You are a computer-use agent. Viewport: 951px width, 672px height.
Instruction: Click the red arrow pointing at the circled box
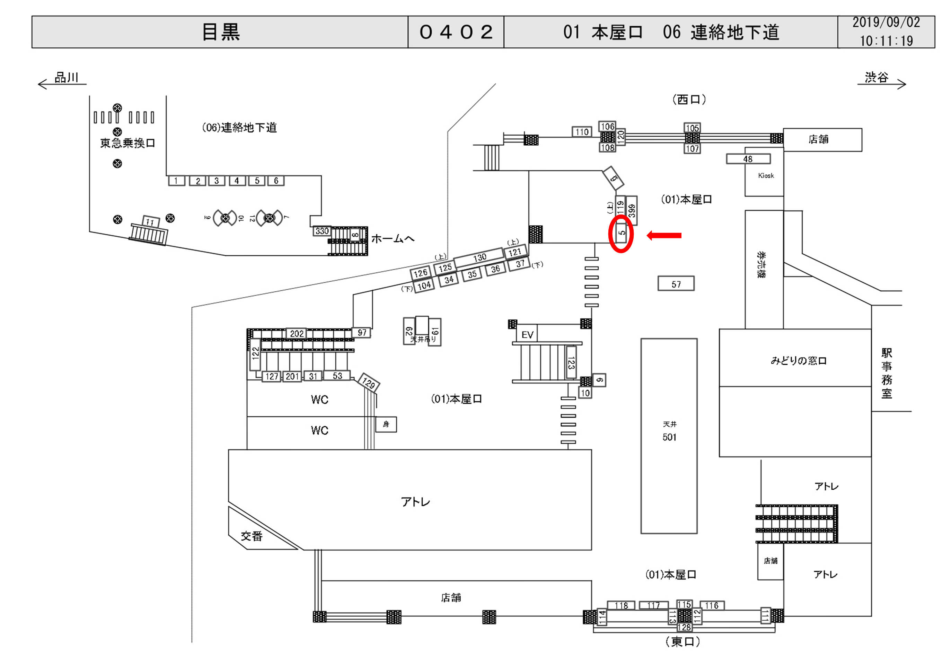coord(664,235)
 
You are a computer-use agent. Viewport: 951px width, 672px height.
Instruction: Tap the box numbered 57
coord(676,284)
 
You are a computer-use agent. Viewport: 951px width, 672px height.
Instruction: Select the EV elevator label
coord(527,334)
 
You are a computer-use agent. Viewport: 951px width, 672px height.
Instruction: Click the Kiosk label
coord(766,175)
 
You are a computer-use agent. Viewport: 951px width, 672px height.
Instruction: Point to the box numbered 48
coord(748,159)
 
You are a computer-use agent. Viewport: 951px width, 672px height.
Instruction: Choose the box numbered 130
coord(479,257)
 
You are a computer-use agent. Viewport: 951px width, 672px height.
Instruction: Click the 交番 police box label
coord(252,536)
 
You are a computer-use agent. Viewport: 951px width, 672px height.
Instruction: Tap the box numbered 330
coord(322,231)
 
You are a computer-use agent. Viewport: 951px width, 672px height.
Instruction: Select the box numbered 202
coord(297,334)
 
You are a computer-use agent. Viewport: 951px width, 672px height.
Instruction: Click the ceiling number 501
coord(669,437)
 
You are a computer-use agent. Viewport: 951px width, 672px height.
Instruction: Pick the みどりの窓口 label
coord(799,361)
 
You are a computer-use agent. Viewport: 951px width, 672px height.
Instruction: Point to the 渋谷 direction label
coord(877,78)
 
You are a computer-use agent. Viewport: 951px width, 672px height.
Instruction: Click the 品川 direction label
coord(66,78)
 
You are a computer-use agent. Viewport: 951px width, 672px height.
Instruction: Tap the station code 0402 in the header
coord(456,32)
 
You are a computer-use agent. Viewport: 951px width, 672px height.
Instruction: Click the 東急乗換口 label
coord(127,143)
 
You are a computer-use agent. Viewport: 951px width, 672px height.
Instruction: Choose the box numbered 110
coord(582,132)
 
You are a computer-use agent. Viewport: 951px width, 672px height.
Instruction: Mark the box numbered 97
coord(362,333)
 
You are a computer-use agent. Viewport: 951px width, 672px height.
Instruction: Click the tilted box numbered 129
coord(369,382)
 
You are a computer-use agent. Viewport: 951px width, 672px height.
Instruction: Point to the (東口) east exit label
coord(683,642)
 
